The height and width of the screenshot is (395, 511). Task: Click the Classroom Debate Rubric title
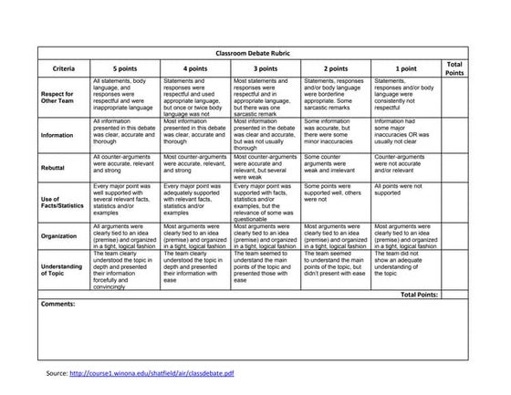255,55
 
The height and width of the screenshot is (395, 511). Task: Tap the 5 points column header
127,69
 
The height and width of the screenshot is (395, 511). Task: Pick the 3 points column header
266,69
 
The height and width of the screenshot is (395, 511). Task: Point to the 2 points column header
336,69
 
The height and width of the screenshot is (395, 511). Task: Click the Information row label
57,135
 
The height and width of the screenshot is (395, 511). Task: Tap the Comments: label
59,304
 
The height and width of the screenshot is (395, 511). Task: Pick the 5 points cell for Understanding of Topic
126,268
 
